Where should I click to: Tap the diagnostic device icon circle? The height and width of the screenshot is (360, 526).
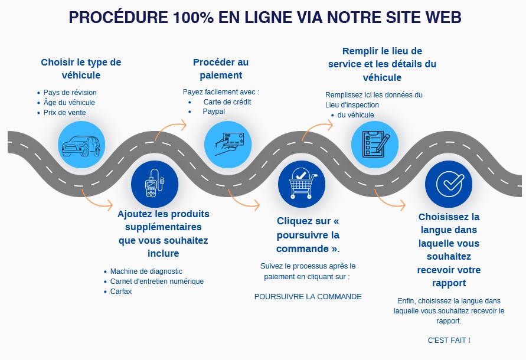pyautogui.click(x=155, y=184)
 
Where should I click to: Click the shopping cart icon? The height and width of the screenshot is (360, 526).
pyautogui.click(x=301, y=184)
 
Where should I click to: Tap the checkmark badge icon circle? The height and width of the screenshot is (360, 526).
pyautogui.click(x=449, y=184)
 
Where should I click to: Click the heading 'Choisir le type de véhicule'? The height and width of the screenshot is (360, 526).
pyautogui.click(x=81, y=68)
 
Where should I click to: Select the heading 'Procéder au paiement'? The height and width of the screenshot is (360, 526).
pyautogui.click(x=221, y=68)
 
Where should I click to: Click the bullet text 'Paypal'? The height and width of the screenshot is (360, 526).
pyautogui.click(x=214, y=111)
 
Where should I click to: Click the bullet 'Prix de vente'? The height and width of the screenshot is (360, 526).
pyautogui.click(x=65, y=113)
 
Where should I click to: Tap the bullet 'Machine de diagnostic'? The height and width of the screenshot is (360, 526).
pyautogui.click(x=146, y=271)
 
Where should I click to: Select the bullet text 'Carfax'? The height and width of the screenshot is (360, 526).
pyautogui.click(x=121, y=292)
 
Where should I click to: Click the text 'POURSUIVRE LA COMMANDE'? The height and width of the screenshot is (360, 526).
pyautogui.click(x=308, y=297)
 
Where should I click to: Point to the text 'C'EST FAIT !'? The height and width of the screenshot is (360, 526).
pyautogui.click(x=449, y=341)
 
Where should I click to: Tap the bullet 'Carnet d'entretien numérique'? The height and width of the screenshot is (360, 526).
pyautogui.click(x=157, y=282)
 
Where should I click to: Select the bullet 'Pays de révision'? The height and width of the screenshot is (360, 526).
pyautogui.click(x=70, y=93)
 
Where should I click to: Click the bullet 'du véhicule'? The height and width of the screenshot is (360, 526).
pyautogui.click(x=355, y=115)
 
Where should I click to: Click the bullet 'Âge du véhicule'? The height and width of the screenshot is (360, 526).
pyautogui.click(x=70, y=103)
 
